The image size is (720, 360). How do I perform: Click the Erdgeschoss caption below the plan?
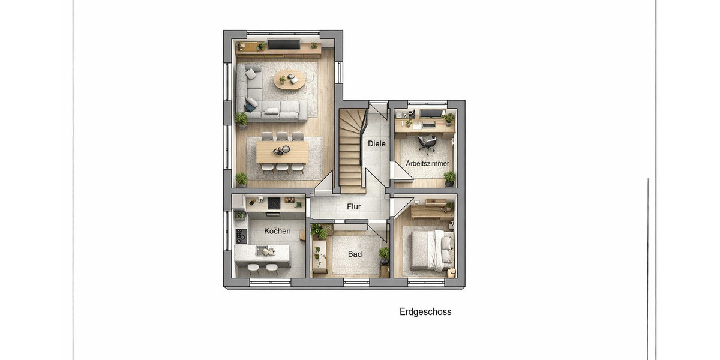425,312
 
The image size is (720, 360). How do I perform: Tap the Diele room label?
377,144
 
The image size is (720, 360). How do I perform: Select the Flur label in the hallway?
354,207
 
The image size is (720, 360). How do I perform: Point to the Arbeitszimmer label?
427,163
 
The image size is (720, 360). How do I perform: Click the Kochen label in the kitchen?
277,231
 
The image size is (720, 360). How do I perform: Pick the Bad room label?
355,254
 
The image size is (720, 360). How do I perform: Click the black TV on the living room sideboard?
283,44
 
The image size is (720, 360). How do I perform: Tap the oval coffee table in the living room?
290,79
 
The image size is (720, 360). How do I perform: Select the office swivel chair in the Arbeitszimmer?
427,143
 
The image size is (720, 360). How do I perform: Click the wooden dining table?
282,151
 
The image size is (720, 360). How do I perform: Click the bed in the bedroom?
431,250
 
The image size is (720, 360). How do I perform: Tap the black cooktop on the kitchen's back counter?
274,203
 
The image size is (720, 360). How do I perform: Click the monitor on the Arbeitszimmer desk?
430,113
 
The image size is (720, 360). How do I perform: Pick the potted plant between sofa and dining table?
241,119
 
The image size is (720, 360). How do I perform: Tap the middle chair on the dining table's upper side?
282,136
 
